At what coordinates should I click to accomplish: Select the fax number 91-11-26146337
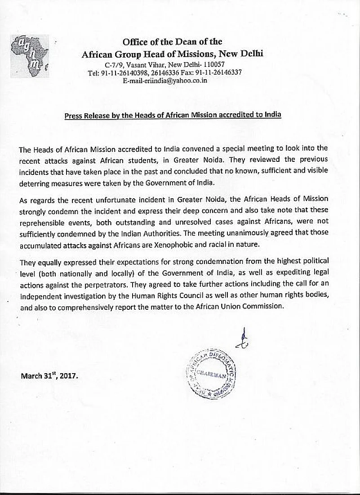coord(218,72)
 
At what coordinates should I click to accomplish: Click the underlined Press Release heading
coord(173,115)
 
